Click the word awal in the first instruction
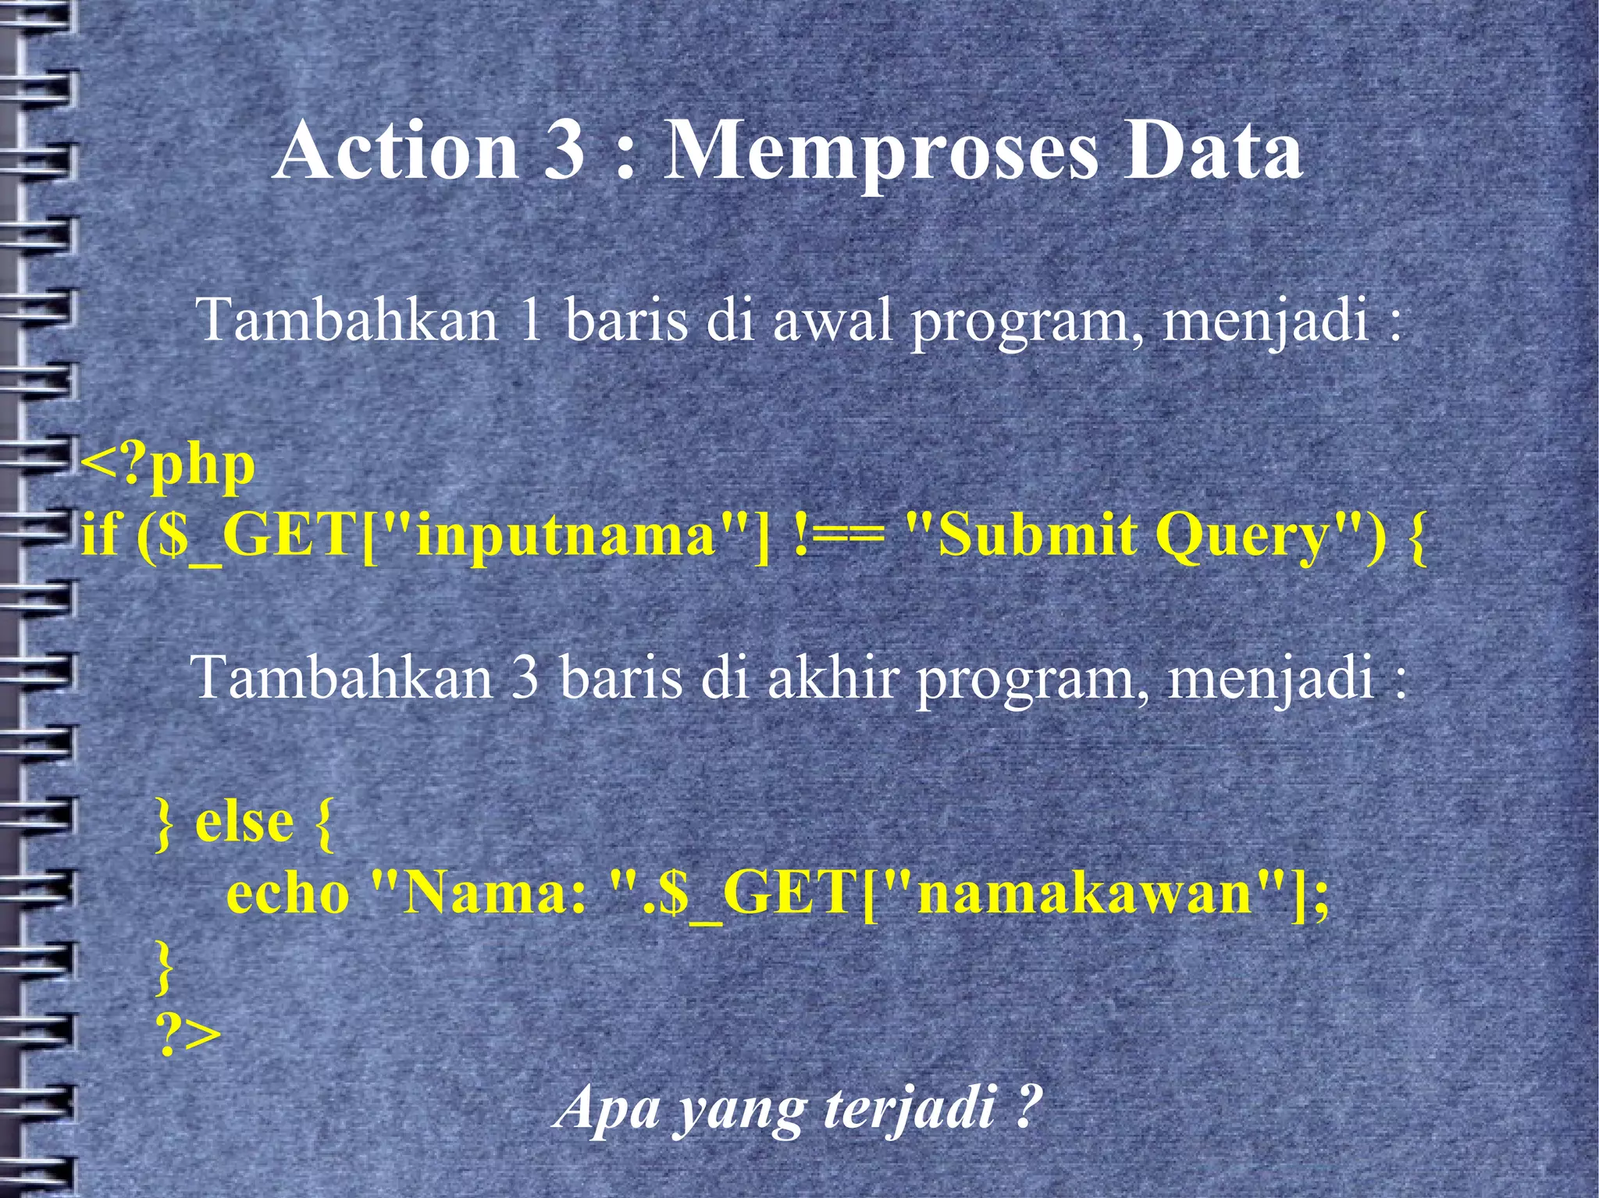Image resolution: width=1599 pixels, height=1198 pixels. coord(832,320)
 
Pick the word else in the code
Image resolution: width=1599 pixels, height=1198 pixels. coord(244,823)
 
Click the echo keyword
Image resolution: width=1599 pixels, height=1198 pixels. coord(287,894)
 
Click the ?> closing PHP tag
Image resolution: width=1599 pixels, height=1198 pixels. coord(189,1035)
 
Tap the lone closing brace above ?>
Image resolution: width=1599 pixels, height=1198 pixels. coord(163,966)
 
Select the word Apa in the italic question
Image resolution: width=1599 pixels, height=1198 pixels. coord(607,1108)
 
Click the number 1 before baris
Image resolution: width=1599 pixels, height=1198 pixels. coord(530,320)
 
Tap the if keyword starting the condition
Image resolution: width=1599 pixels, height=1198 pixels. coord(99,536)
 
